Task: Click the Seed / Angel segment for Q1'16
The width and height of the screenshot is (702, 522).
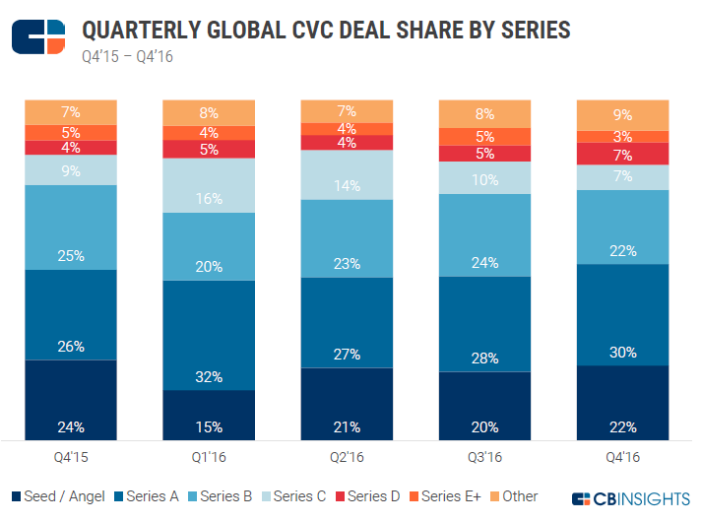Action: click(x=210, y=415)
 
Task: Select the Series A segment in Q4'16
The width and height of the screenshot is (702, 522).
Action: click(x=622, y=314)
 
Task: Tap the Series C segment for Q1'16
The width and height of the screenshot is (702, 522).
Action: click(x=210, y=185)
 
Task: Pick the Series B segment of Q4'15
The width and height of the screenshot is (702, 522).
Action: click(x=72, y=228)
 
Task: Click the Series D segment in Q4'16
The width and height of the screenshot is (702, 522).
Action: click(x=622, y=154)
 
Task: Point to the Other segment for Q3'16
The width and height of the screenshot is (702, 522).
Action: click(x=484, y=113)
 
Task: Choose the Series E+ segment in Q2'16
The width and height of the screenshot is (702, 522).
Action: click(x=347, y=128)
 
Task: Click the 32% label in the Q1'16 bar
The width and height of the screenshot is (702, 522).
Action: click(x=210, y=376)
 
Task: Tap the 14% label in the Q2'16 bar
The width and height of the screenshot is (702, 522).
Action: click(x=347, y=185)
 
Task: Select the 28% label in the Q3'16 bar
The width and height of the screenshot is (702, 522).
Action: click(x=484, y=358)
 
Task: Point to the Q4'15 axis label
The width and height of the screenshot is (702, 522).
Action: click(x=72, y=456)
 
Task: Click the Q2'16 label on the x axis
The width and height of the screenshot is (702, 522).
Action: click(x=347, y=456)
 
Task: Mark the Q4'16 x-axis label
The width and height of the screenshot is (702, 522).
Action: click(x=622, y=456)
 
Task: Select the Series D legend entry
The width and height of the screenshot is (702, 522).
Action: click(x=367, y=496)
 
